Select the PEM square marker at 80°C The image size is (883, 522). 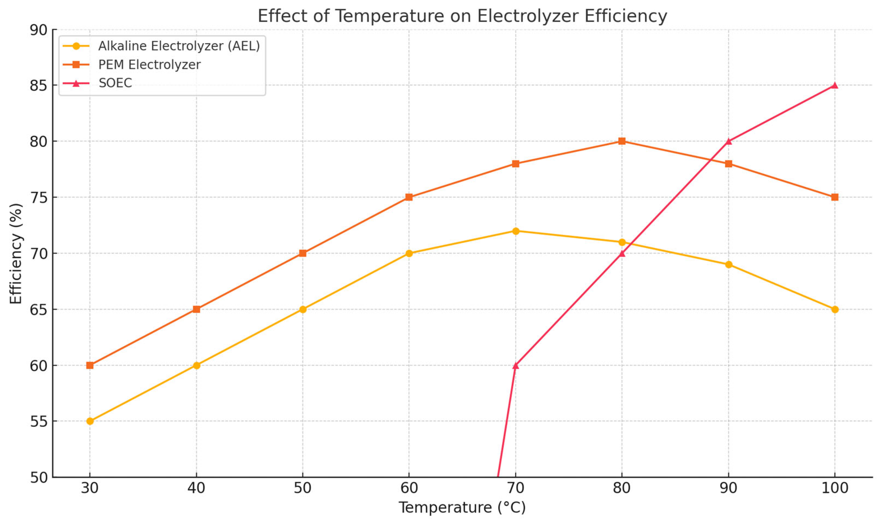(x=622, y=141)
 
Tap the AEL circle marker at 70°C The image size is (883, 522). (x=515, y=231)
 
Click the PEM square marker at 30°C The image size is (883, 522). (x=90, y=365)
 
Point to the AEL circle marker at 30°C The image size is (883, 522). (x=90, y=421)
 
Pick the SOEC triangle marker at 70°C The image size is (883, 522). (x=515, y=365)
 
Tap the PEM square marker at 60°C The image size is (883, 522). (x=409, y=197)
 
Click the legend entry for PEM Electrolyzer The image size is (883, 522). (x=149, y=65)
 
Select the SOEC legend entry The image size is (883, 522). (x=115, y=83)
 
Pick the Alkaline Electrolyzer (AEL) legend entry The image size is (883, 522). (x=178, y=46)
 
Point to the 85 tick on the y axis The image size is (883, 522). (x=38, y=86)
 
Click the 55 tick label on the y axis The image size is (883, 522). (x=38, y=421)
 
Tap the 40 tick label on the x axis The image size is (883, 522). (x=196, y=488)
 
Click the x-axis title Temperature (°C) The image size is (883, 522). (x=462, y=507)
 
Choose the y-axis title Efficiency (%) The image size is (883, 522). (x=16, y=253)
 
